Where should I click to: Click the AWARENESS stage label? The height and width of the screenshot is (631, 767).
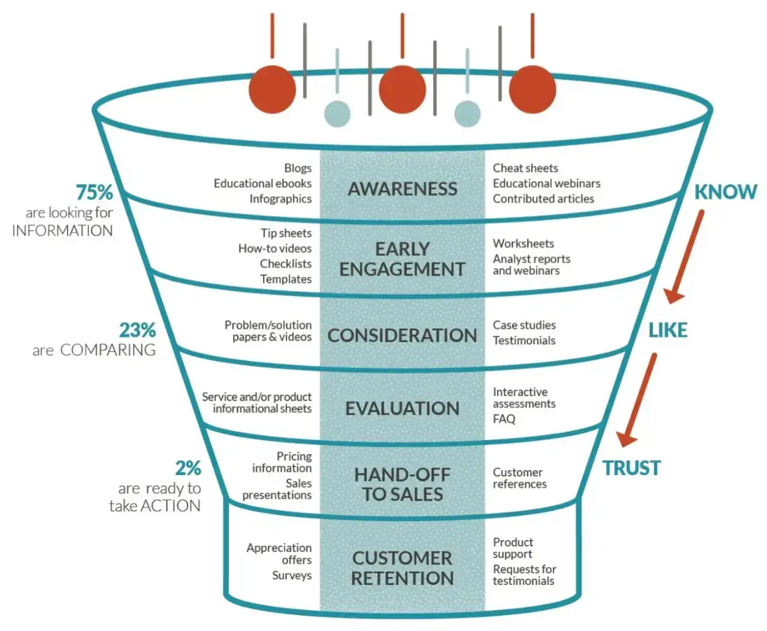(402, 189)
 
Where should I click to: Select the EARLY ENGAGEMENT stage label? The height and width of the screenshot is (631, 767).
(402, 259)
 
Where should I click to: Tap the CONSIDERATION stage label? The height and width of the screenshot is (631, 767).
(402, 335)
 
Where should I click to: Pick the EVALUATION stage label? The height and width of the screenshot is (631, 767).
(402, 409)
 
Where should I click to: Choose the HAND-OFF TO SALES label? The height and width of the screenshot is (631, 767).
(402, 484)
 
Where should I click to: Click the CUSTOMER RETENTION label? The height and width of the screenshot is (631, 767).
(402, 568)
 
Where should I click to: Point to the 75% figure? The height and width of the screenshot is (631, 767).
(94, 192)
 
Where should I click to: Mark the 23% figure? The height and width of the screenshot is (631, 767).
(137, 329)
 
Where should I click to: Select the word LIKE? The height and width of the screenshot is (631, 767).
(668, 330)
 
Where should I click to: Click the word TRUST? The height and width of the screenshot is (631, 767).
(631, 467)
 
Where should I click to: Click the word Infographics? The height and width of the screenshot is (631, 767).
(281, 199)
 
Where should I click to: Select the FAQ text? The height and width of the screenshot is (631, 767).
(504, 419)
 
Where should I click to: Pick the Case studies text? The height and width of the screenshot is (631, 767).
(524, 325)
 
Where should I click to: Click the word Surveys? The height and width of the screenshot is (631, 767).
(292, 576)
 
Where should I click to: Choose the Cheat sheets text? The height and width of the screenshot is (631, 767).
(526, 168)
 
